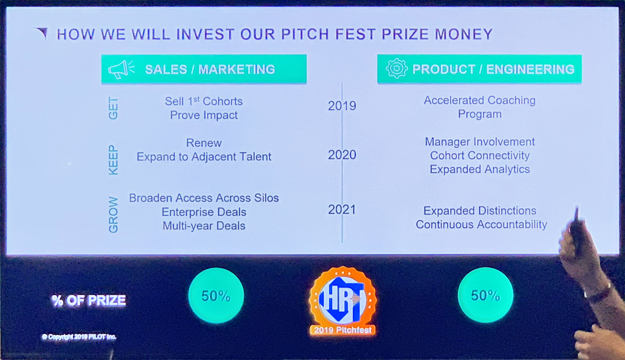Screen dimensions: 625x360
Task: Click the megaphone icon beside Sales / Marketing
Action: (x=121, y=69)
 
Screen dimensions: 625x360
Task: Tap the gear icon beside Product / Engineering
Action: (x=396, y=68)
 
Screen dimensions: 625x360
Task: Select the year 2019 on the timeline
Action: (x=342, y=106)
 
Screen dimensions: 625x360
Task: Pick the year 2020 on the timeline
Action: (x=342, y=155)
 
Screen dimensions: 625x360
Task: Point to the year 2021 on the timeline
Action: (x=342, y=209)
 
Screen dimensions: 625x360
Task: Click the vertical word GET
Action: (x=114, y=108)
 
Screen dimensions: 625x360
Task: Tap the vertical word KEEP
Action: (x=114, y=160)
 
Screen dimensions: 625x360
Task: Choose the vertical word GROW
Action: (x=114, y=215)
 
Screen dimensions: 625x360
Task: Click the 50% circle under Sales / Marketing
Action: (x=216, y=295)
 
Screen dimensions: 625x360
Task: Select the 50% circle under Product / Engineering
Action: (x=485, y=295)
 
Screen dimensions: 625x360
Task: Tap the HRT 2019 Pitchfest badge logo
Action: (x=343, y=301)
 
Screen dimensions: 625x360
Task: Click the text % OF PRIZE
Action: (x=89, y=301)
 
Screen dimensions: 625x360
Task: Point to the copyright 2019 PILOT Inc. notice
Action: (x=79, y=337)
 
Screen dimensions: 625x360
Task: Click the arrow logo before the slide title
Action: (x=41, y=33)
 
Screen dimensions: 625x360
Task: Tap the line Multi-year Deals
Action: (x=204, y=226)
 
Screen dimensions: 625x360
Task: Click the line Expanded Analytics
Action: (x=480, y=169)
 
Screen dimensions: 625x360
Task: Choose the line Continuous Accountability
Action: (x=481, y=225)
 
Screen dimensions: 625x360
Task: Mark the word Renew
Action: (x=204, y=143)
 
